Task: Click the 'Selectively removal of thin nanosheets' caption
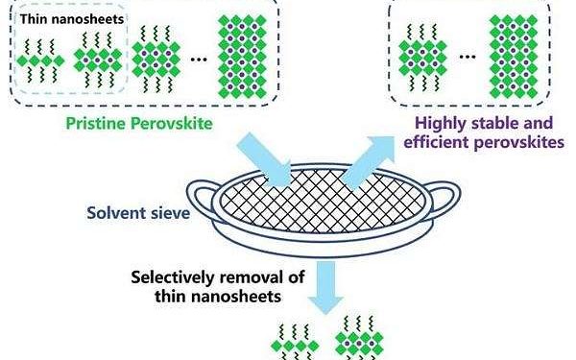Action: point(207,288)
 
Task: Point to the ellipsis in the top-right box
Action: point(468,56)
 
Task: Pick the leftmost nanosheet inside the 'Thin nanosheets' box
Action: point(42,58)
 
